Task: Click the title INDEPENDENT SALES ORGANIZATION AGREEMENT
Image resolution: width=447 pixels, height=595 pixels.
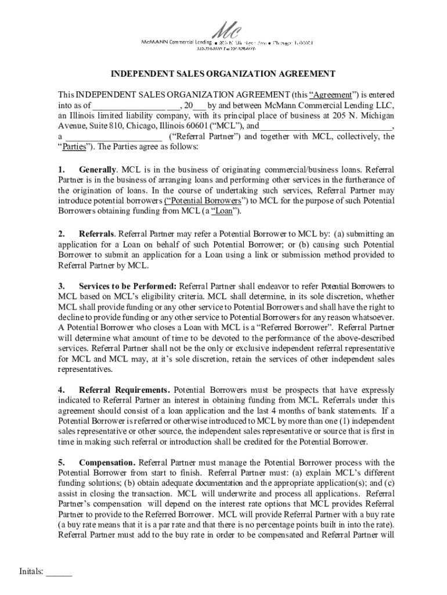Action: pyautogui.click(x=223, y=74)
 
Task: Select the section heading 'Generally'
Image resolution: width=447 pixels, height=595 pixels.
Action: pyautogui.click(x=98, y=170)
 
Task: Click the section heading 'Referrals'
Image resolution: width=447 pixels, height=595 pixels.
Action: pyautogui.click(x=96, y=234)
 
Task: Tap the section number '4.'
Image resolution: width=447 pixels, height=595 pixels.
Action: pyautogui.click(x=62, y=389)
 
